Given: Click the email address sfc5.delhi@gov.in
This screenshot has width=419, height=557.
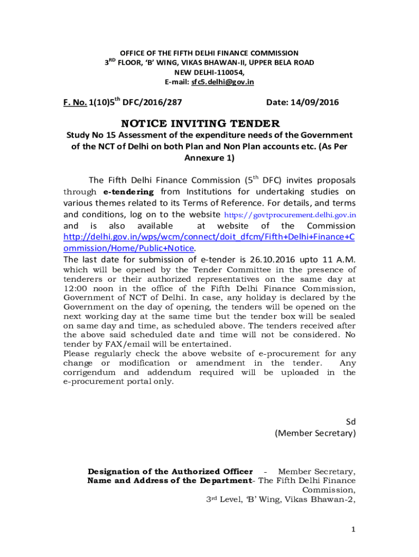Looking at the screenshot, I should pos(222,82).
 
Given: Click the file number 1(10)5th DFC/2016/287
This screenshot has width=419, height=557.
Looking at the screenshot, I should pos(135,102).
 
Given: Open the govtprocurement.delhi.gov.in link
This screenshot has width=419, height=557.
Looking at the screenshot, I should pos(289,215).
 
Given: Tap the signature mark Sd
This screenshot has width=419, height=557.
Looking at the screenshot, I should pos(351,422).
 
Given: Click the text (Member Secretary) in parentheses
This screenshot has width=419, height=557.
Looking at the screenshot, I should pos(315,434).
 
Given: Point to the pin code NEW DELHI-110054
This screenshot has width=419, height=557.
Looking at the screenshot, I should pos(209,72).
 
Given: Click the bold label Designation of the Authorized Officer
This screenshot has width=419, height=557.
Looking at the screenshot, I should pos(170,471).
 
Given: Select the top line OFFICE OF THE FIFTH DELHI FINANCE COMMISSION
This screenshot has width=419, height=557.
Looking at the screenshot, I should pos(209,53).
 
